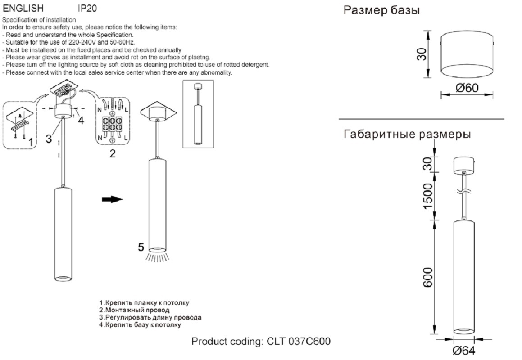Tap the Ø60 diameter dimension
click(x=467, y=88)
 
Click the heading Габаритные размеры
click(x=408, y=134)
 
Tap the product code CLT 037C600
click(x=261, y=341)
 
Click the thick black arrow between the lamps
click(x=113, y=200)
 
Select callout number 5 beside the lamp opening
click(x=141, y=247)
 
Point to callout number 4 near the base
click(x=81, y=120)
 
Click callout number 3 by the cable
click(x=49, y=139)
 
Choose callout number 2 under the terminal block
click(x=113, y=154)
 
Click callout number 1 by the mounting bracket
click(x=31, y=143)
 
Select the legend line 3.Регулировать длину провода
click(x=150, y=317)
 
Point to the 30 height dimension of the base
click(x=423, y=54)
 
